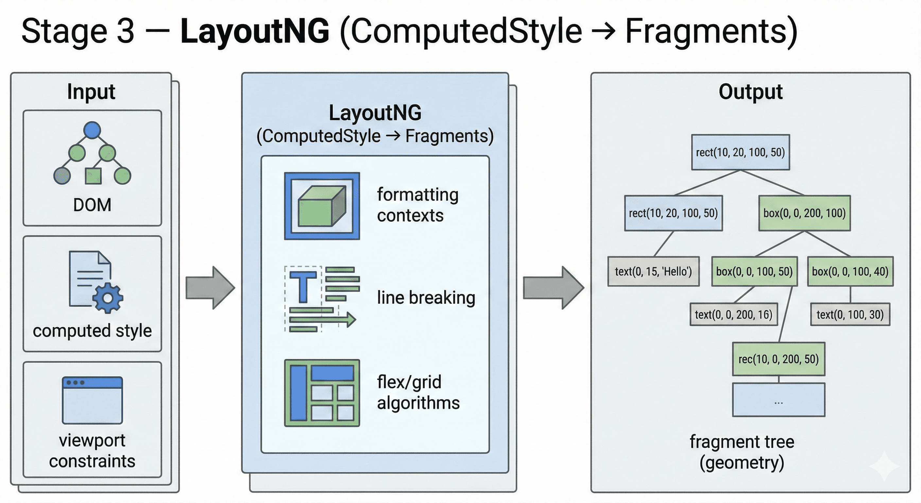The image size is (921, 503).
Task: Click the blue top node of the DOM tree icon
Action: point(92,130)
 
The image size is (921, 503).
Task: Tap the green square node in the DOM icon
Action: point(93,176)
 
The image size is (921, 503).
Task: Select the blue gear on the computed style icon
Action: point(108,298)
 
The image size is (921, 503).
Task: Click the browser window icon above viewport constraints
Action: point(92,400)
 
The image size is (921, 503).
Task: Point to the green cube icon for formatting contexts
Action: point(322,206)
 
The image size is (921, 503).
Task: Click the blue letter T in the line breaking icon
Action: point(303,287)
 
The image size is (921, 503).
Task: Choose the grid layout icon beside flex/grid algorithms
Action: point(322,393)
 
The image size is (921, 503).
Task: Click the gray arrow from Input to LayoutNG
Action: point(210,288)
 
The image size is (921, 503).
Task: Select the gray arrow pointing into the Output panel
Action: point(553,288)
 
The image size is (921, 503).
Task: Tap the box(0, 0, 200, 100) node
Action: point(805,213)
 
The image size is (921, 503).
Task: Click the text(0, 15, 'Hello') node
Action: point(653,271)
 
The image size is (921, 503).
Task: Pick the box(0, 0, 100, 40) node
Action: point(850,271)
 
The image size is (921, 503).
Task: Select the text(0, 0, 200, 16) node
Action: point(734,314)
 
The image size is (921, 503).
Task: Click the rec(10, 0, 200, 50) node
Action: point(778,359)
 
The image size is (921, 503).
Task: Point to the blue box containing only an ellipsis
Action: point(778,400)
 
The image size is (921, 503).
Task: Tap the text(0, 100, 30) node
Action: point(850,314)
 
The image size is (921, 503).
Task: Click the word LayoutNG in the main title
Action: point(254,31)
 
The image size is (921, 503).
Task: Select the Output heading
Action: point(751,92)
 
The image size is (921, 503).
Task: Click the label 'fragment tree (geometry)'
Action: point(742,452)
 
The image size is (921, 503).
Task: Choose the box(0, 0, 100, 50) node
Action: point(755,271)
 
